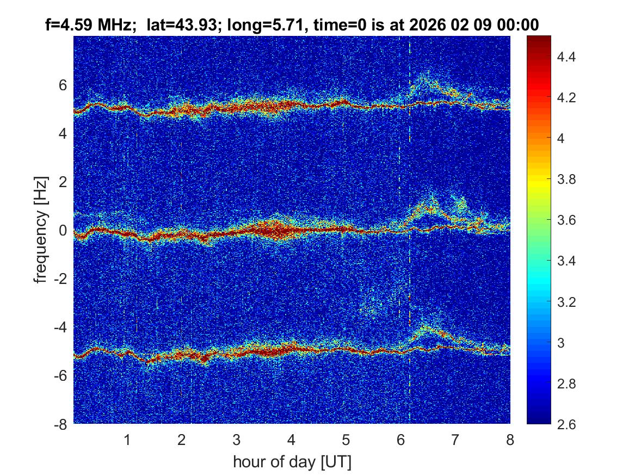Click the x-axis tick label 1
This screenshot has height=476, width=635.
click(x=127, y=440)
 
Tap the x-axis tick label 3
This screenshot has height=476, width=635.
click(x=237, y=440)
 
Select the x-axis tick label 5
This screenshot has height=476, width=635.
click(x=346, y=440)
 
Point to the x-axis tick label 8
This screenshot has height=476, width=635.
click(x=510, y=440)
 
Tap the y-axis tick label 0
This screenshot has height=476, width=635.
click(x=64, y=230)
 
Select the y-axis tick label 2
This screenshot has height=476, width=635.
click(x=64, y=182)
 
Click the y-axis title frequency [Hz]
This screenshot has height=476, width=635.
click(x=41, y=230)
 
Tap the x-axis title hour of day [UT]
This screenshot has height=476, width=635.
click(x=292, y=462)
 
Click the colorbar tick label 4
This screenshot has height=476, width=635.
click(x=563, y=138)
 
